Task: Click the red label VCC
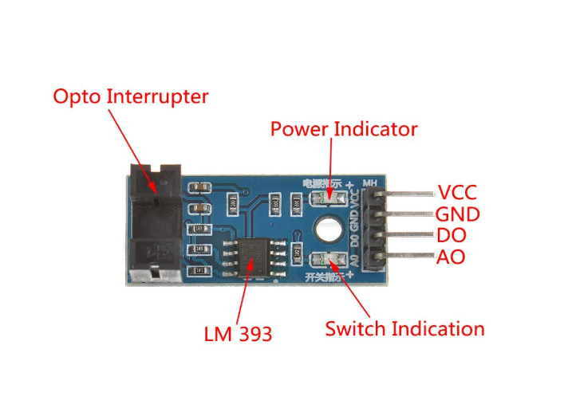pos(457,193)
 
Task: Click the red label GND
pos(457,214)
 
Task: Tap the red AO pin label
pos(451,257)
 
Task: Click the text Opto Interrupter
pos(130,97)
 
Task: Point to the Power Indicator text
pos(344,129)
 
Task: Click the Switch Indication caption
pos(404,328)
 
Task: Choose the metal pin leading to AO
pos(407,257)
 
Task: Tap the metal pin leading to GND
pos(407,215)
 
